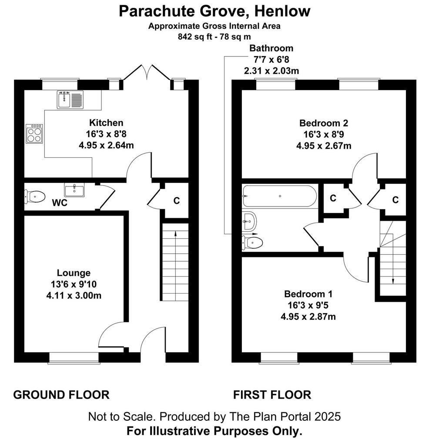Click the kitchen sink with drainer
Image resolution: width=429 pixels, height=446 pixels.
pos(70,100)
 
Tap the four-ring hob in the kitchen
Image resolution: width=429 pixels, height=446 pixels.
pos(34,134)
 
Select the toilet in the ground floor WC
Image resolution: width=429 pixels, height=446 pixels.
pos(35,196)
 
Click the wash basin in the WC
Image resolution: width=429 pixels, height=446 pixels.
pos(74,190)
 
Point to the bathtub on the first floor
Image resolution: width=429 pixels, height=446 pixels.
pos(280,196)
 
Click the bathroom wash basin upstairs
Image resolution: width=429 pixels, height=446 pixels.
pos(250,221)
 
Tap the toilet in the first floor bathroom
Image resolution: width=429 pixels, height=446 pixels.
pos(252,243)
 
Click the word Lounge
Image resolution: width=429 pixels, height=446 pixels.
pos(74,273)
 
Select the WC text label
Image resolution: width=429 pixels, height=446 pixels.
pos(60,203)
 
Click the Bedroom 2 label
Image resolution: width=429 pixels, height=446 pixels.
pos(324,123)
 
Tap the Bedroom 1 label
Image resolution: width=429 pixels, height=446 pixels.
pos(308,294)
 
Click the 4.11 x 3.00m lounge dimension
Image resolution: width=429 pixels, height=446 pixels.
pos(74,296)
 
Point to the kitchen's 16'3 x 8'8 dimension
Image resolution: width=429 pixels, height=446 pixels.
pos(106,134)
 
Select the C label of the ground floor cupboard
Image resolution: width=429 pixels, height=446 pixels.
pos(177,200)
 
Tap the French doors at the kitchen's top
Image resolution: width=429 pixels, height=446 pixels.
pos(147,73)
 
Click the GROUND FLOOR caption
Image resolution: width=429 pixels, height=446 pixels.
pos(61,395)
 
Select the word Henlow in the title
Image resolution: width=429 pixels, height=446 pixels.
pos(282,11)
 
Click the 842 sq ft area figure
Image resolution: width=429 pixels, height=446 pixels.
pos(195,37)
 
